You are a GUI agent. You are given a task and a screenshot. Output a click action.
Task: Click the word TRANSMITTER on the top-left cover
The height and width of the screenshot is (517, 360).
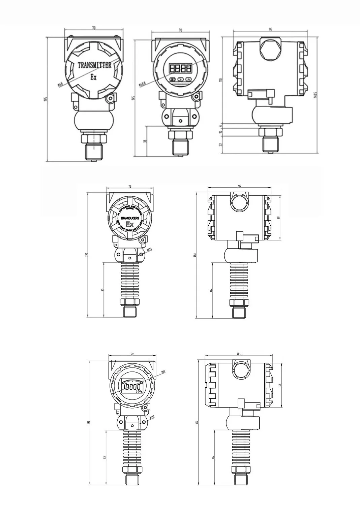94,65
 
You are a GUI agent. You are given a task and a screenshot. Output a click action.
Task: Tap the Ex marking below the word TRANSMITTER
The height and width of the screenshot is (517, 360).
93,77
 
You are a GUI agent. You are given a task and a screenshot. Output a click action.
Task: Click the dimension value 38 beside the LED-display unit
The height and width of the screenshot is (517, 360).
145,141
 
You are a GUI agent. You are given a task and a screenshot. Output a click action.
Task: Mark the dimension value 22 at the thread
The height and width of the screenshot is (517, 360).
221,144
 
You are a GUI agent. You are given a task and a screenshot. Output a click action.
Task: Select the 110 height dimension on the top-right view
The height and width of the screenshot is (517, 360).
221,80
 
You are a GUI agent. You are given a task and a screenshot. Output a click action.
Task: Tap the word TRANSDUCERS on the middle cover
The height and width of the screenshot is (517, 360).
129,218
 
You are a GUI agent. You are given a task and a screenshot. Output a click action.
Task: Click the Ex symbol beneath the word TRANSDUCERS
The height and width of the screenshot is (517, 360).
129,225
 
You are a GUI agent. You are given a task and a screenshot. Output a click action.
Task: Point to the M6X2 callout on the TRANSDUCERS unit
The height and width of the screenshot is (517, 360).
150,250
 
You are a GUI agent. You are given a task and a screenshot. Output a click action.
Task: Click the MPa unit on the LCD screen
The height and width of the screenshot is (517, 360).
139,391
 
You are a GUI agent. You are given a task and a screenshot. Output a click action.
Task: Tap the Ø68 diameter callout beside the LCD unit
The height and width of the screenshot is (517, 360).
163,371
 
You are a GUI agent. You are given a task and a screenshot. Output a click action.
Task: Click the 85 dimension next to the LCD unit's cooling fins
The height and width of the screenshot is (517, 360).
105,457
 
